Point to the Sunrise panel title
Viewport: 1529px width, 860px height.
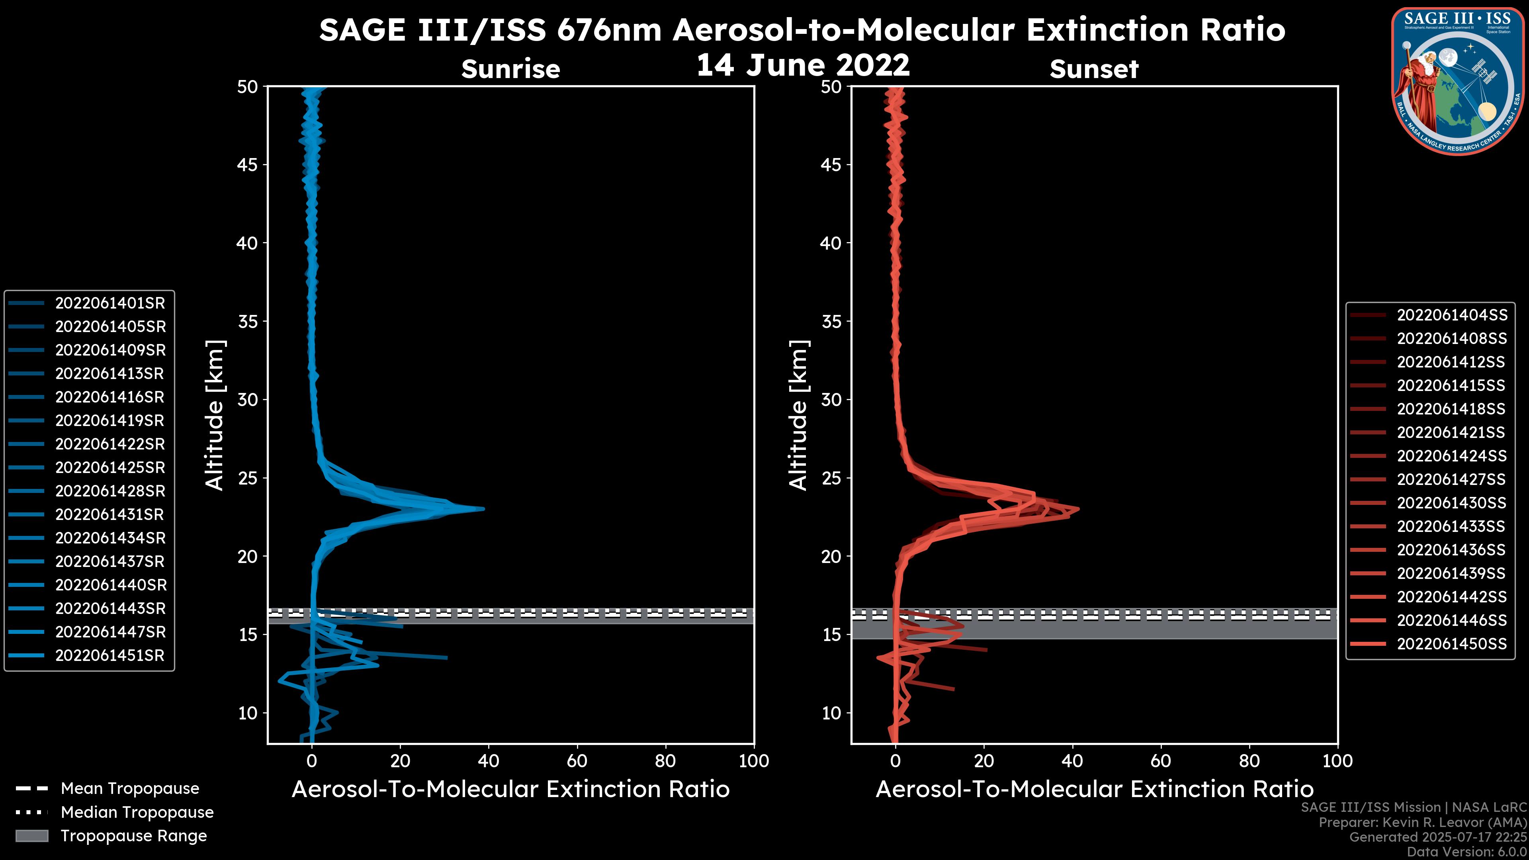510,69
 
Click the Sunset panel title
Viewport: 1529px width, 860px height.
1094,69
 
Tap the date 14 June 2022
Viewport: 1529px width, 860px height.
802,65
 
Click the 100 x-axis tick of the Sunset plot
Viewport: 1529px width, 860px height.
1337,761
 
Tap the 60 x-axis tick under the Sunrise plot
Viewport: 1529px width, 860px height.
577,761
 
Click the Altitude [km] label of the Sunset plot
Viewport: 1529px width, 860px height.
798,415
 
